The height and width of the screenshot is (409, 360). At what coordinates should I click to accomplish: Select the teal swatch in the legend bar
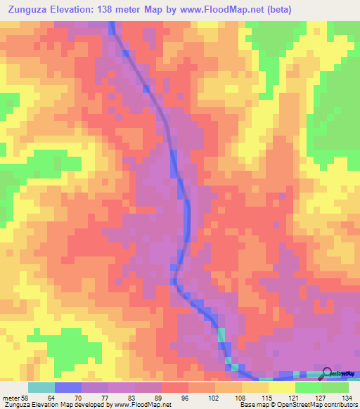coord(41,387)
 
